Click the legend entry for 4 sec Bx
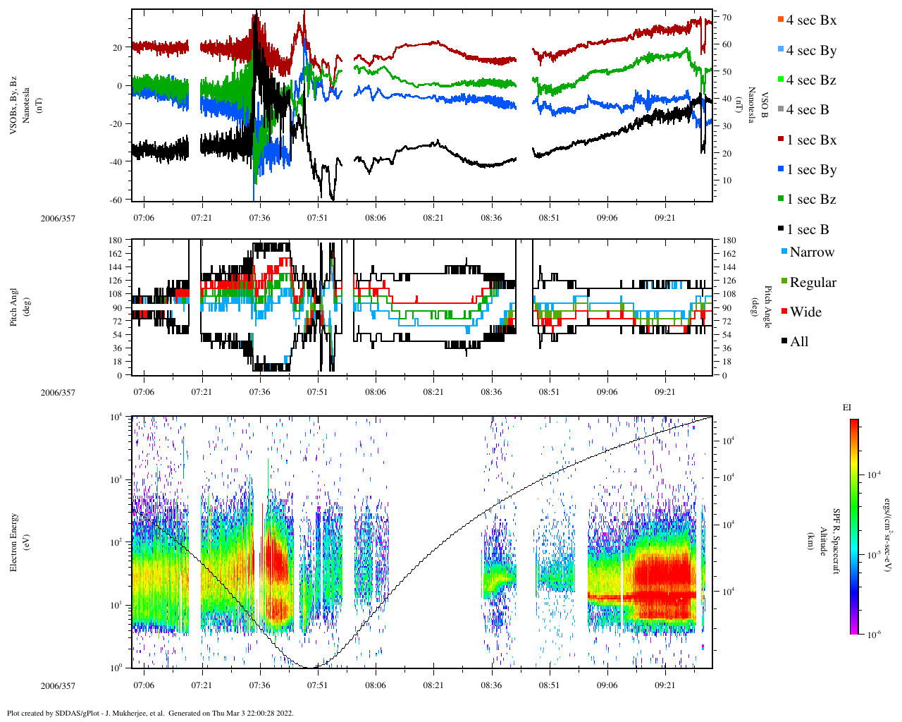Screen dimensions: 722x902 (810, 20)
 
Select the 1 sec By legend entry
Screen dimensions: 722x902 (810, 170)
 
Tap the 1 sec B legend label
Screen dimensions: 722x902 (808, 230)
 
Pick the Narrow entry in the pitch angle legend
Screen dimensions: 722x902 (811, 252)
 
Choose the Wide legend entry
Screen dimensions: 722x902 (805, 312)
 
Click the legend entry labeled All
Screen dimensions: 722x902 (798, 342)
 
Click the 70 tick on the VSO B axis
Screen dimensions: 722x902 (727, 18)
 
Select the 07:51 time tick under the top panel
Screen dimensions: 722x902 (317, 218)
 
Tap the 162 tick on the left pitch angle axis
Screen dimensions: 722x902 (115, 254)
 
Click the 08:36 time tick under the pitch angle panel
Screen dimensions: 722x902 (491, 392)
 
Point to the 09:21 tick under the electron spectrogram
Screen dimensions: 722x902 (665, 685)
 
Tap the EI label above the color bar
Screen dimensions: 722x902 (847, 408)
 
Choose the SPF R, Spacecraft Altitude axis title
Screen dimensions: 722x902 (829, 541)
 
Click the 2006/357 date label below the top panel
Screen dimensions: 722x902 (58, 219)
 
